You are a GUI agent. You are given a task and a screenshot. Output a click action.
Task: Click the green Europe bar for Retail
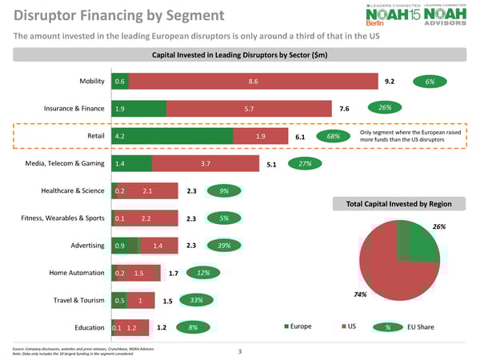173,137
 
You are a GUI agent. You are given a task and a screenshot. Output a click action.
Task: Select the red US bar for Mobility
253,82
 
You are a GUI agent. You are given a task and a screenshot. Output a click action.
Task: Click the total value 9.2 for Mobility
390,82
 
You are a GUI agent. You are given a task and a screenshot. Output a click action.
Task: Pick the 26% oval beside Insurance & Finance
384,108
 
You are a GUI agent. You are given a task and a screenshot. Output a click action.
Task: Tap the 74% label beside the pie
359,295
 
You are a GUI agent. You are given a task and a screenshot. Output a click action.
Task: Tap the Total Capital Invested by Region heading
399,204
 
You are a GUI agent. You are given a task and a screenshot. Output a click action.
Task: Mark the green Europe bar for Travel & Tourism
120,301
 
